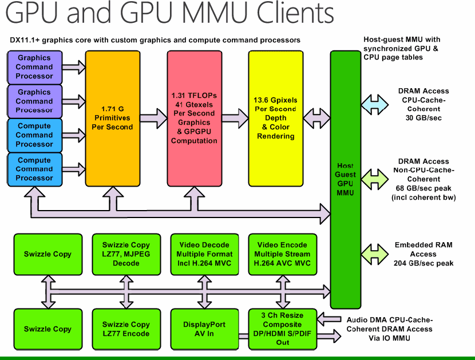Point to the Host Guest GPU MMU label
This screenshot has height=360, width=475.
click(345, 179)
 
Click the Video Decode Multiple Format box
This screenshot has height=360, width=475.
click(204, 254)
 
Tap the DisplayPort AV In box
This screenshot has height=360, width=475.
click(204, 329)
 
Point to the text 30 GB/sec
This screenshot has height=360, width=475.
click(424, 118)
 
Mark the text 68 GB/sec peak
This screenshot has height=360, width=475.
click(424, 189)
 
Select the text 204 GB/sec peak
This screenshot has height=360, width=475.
click(424, 263)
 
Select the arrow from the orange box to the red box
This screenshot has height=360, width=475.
click(154, 118)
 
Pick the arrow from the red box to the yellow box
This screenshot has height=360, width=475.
click(235, 118)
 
